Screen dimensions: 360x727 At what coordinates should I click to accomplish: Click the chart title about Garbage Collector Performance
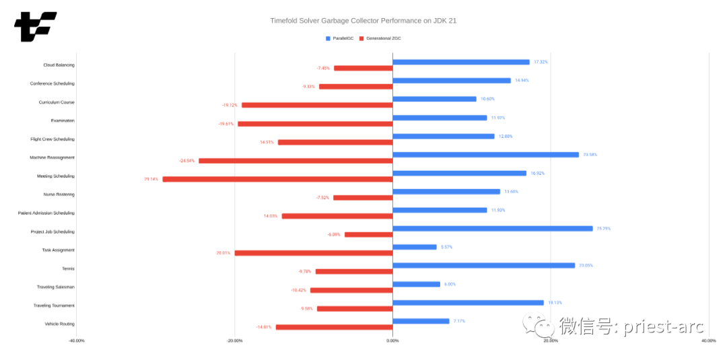coord(363,21)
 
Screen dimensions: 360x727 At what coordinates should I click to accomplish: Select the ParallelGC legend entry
coord(340,38)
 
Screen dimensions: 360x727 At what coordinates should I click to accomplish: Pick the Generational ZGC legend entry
coord(380,38)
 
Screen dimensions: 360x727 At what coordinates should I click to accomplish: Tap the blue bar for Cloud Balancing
coord(461,62)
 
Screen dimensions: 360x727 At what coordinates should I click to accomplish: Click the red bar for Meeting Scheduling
coord(277,179)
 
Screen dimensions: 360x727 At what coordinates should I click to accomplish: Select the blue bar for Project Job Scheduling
coord(492,228)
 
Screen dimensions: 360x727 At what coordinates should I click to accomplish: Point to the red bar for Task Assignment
coord(313,253)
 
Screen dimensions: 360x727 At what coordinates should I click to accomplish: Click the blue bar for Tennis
coord(483,265)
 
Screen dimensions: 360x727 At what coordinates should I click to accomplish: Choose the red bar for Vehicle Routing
coord(334,327)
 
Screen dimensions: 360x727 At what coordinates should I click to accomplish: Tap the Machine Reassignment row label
coord(52,157)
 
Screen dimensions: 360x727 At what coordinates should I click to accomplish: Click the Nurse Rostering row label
coord(59,194)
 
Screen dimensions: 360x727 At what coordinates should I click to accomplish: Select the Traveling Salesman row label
coord(55,287)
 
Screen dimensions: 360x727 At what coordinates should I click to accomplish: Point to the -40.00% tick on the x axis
coord(76,340)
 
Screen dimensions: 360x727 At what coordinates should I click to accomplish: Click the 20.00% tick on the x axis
coord(551,340)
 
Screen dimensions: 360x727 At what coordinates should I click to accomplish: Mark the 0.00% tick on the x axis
coord(392,340)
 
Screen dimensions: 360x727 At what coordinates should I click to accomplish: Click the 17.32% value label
coord(541,62)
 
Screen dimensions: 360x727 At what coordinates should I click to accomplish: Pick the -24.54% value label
coord(186,161)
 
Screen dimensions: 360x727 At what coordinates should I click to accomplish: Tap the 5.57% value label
coord(446,247)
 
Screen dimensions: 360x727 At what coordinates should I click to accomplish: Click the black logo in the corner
coord(35,26)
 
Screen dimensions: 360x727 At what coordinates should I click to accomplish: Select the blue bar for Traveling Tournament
coord(468,302)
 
